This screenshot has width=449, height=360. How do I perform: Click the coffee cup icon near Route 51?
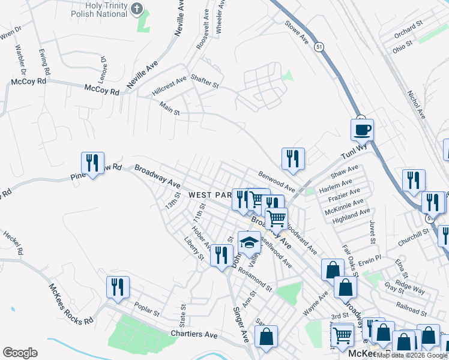tap(362, 129)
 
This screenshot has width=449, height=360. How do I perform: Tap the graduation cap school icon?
tap(249, 242)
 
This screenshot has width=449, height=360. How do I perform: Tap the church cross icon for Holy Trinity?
tap(138, 9)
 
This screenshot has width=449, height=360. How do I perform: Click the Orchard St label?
tap(409, 29)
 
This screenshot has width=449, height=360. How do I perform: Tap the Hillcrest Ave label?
tap(169, 87)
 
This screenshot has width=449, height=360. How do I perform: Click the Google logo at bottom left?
tap(20, 353)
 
